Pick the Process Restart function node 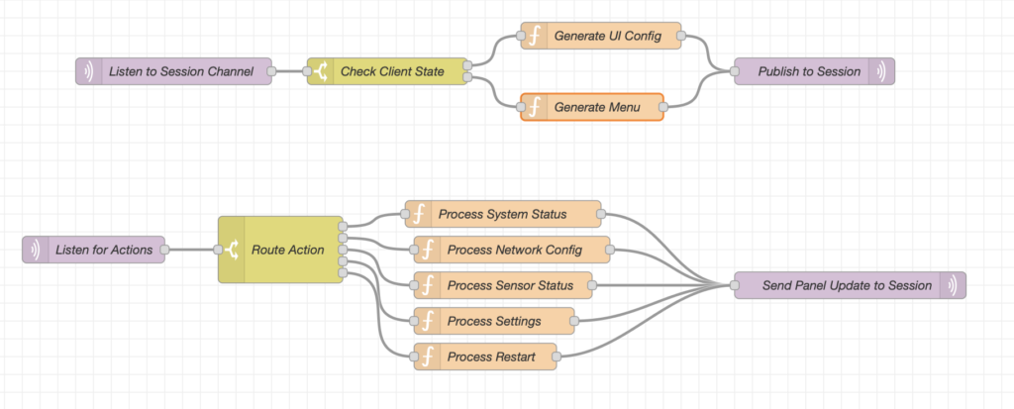click(x=484, y=356)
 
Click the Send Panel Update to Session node click(x=849, y=285)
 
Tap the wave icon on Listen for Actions click(x=36, y=250)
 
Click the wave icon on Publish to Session click(x=880, y=71)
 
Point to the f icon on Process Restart click(x=428, y=356)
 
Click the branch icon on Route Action click(x=232, y=250)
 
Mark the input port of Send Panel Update click(x=735, y=285)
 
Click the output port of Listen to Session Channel click(x=277, y=71)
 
